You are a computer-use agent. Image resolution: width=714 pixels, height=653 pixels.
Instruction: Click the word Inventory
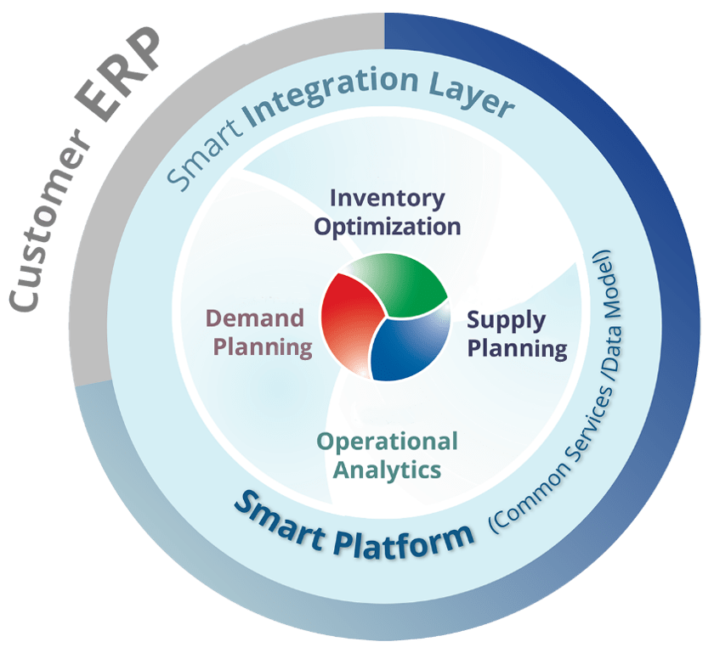point(387,199)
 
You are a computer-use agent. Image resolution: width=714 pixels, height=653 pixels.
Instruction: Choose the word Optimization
point(387,226)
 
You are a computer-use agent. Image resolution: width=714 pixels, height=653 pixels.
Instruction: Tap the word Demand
point(256,319)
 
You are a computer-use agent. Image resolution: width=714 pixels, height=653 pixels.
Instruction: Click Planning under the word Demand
point(263,346)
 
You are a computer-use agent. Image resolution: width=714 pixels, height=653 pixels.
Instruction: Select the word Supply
point(507,320)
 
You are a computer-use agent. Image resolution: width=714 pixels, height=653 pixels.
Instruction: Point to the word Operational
point(387,442)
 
